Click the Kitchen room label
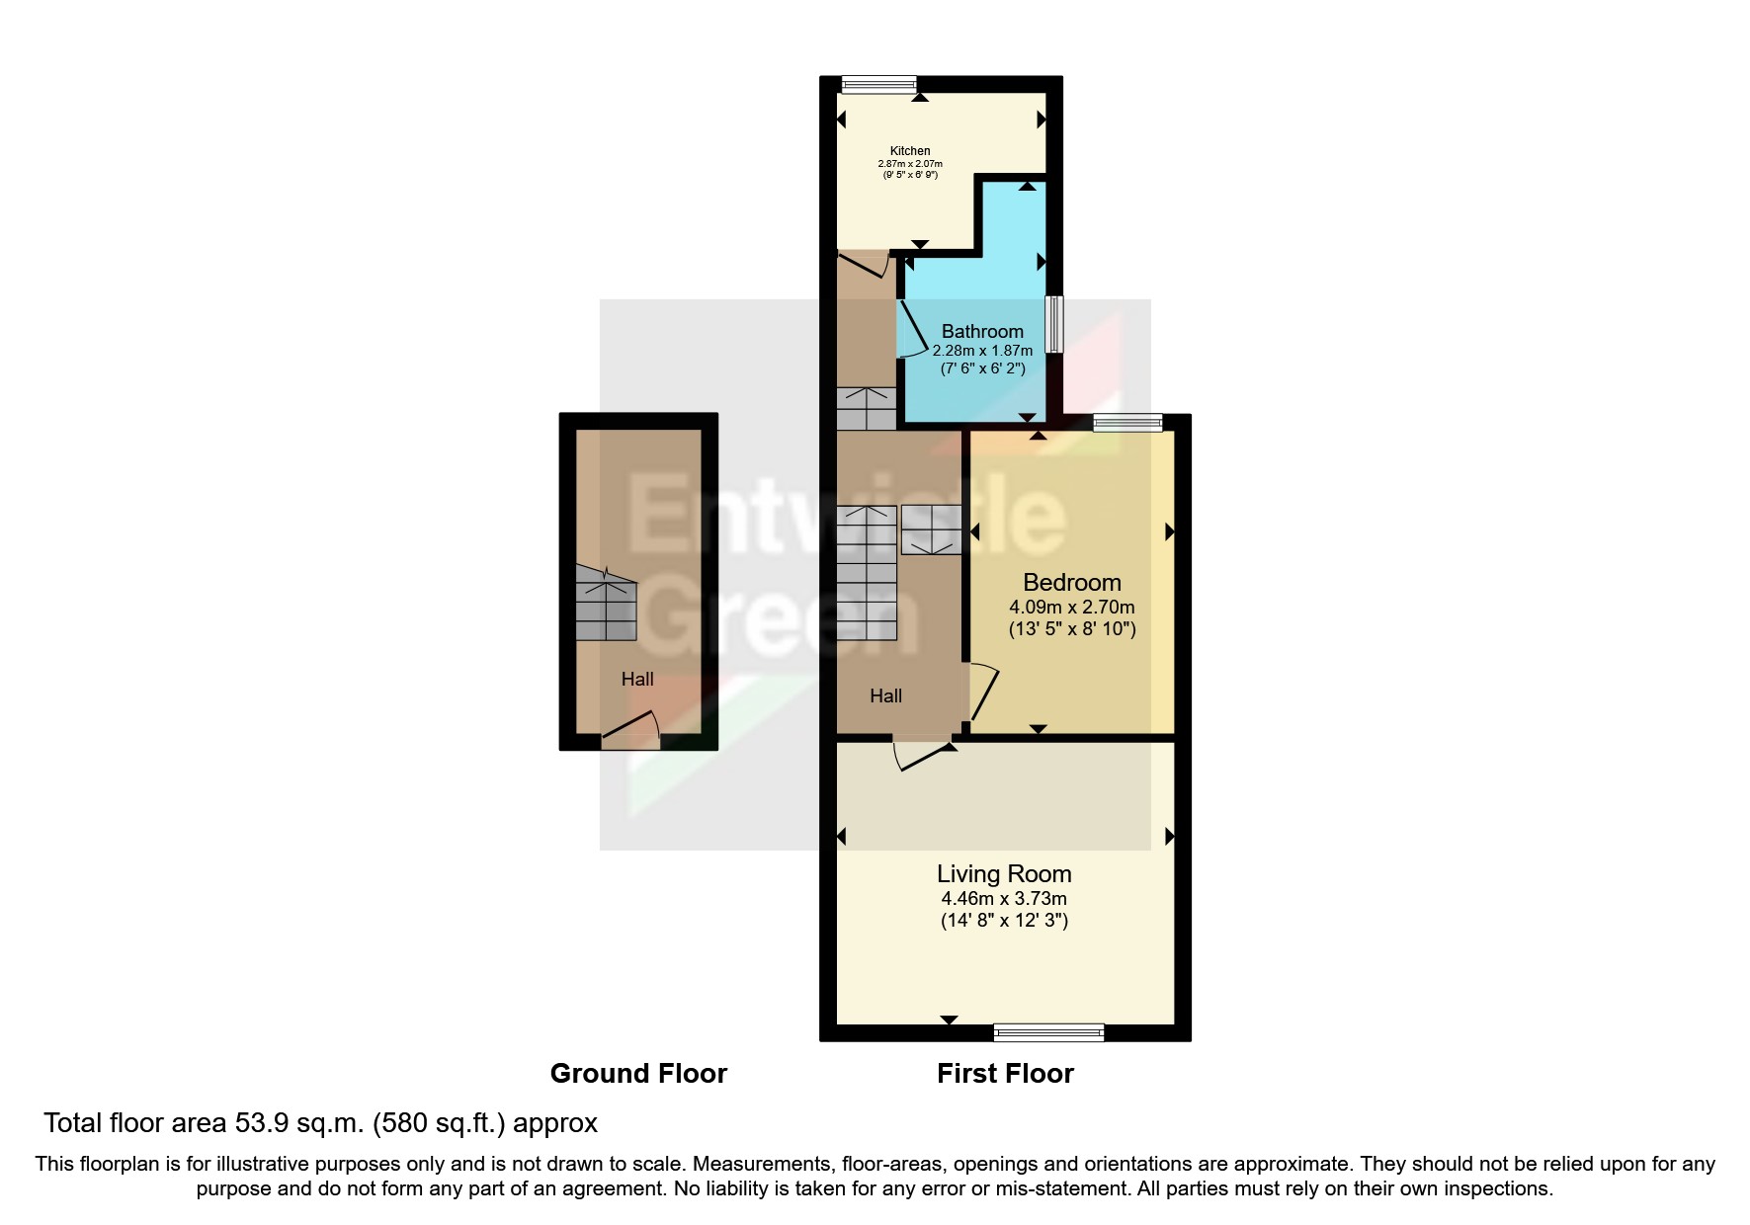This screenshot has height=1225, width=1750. click(910, 151)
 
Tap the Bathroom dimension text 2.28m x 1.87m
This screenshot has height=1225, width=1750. click(982, 351)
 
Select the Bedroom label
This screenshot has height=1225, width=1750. click(1072, 583)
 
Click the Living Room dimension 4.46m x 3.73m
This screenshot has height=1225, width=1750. click(1004, 899)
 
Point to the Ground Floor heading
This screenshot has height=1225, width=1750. click(638, 1074)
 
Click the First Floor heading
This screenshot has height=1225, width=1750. click(1005, 1074)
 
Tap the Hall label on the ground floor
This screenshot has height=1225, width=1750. click(637, 680)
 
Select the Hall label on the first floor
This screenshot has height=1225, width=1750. click(885, 696)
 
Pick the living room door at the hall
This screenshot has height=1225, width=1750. click(921, 755)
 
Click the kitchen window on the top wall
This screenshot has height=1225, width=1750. click(878, 86)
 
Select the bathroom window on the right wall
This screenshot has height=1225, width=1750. click(1055, 324)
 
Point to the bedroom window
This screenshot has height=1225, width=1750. click(1127, 423)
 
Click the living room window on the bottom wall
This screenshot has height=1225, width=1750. click(1048, 1032)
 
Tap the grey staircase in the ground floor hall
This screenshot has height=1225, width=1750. click(606, 605)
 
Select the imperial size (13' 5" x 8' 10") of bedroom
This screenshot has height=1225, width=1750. click(1072, 629)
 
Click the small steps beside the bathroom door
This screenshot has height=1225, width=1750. click(867, 408)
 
